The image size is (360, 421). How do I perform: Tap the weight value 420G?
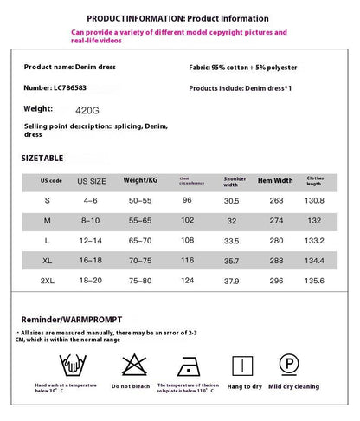87,109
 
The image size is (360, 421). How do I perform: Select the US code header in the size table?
51,180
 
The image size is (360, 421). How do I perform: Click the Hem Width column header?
275,180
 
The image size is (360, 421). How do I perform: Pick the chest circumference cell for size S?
186,200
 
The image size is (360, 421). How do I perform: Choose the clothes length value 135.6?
315,280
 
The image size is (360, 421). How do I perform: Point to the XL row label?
47,259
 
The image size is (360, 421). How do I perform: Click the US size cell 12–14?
91,239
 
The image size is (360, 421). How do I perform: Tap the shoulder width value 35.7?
231,259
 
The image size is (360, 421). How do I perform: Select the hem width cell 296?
276,280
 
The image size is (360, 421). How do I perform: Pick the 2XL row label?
47,280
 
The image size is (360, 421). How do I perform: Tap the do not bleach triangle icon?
132,364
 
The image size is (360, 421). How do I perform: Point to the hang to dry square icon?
245,364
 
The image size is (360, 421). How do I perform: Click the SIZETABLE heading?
42,159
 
